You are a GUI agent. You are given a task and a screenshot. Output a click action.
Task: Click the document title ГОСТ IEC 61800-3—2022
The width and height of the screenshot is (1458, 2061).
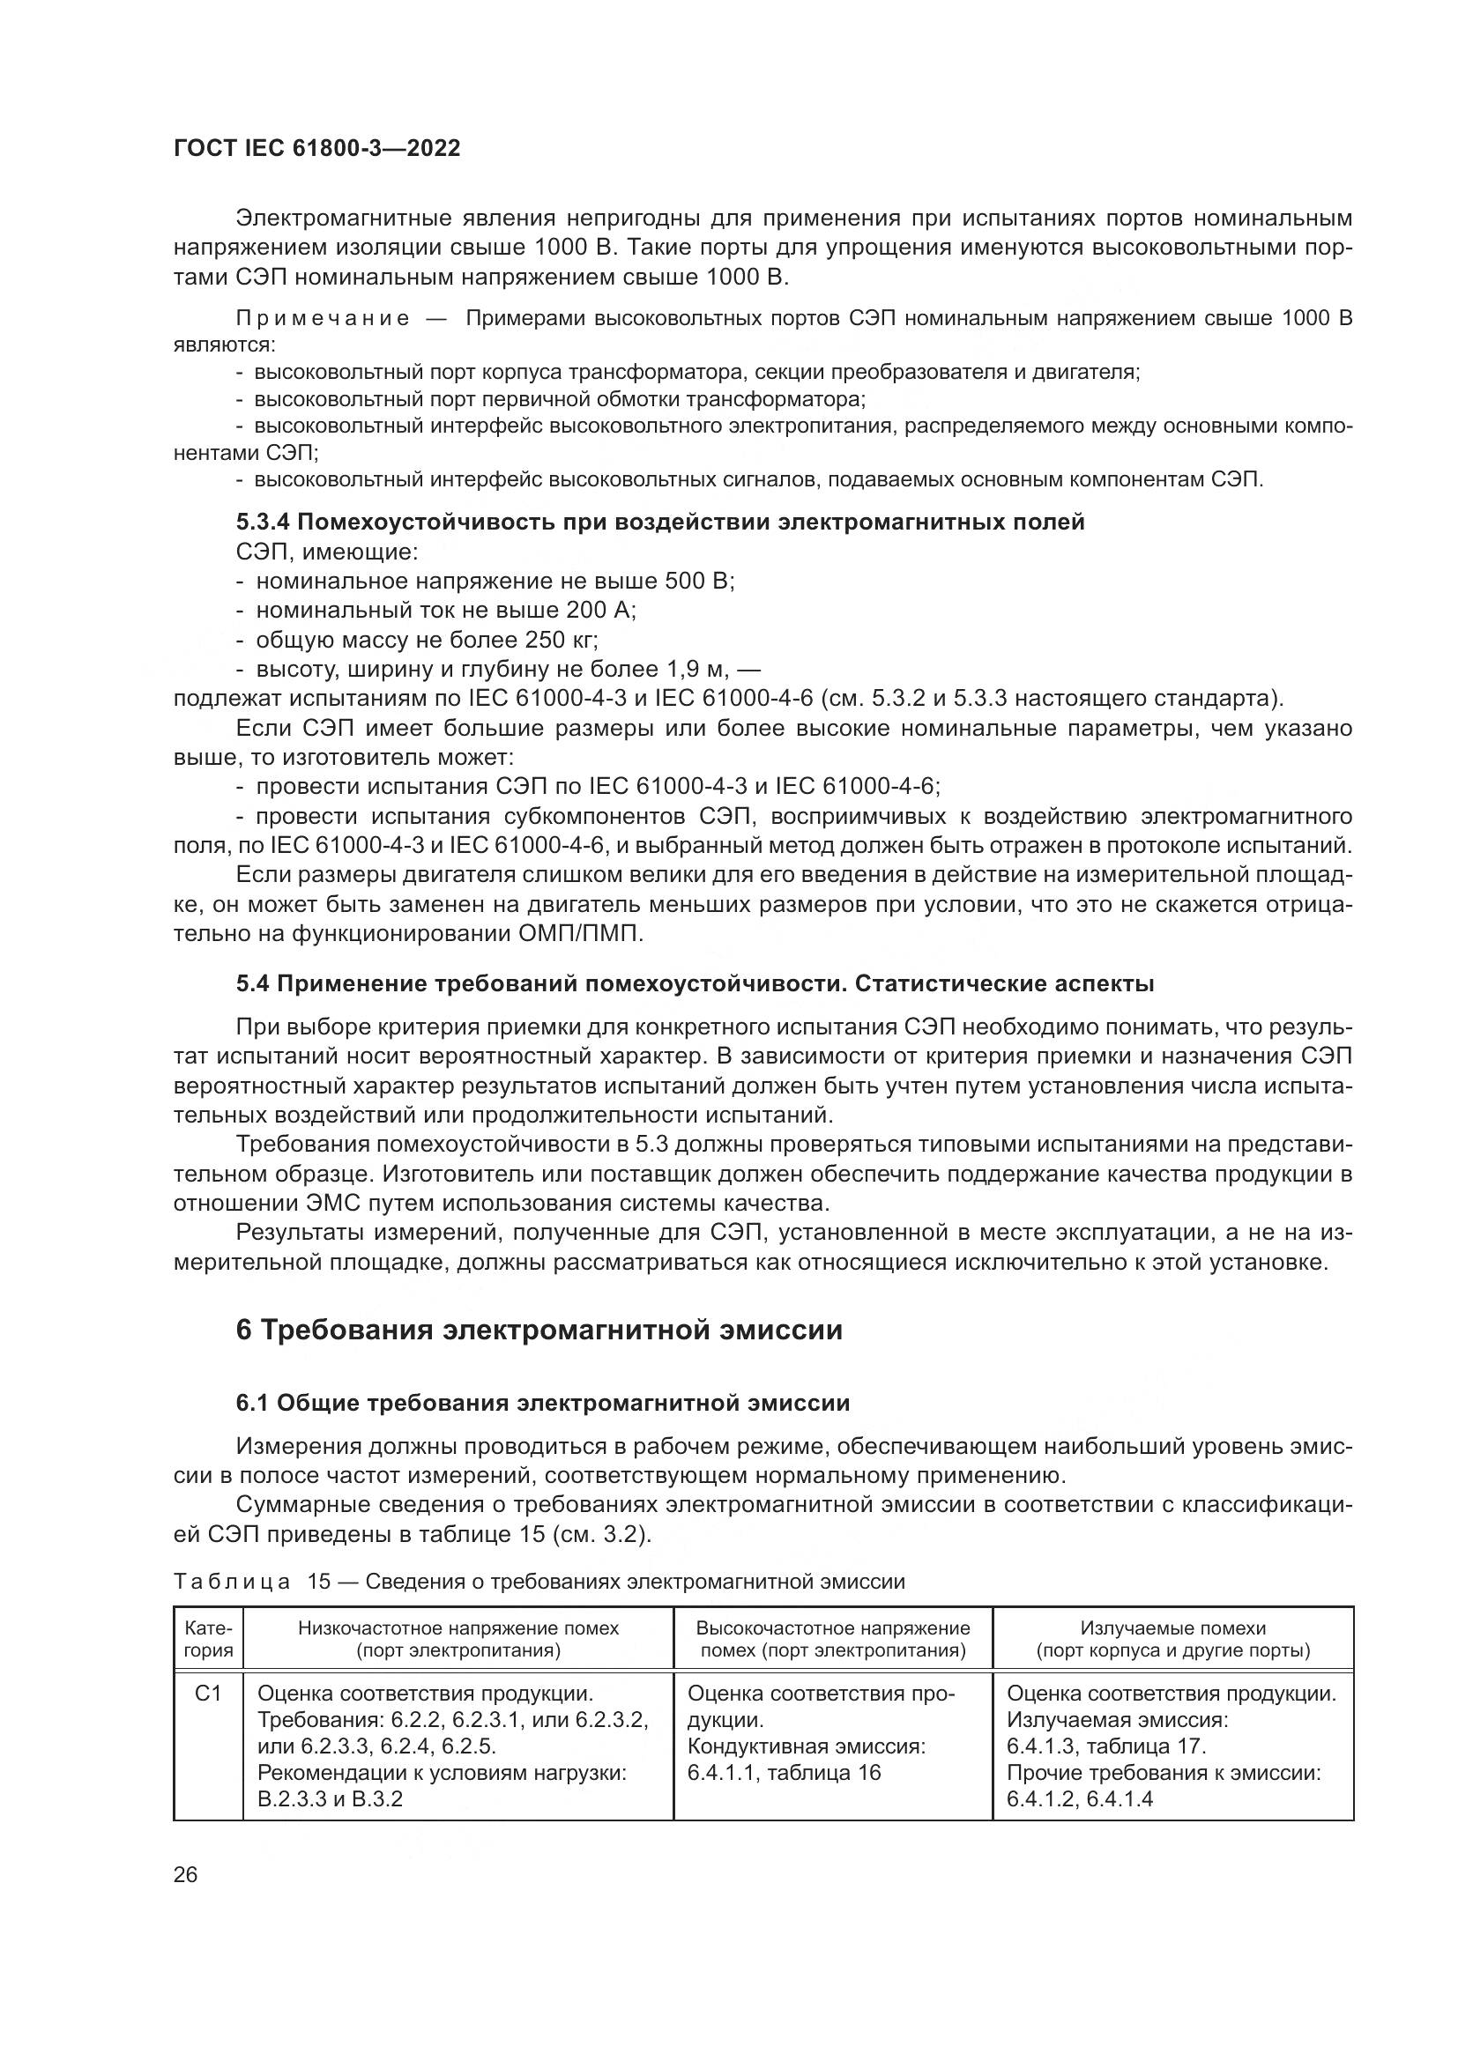click(x=316, y=148)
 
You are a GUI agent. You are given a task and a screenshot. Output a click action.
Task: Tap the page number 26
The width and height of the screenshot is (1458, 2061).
click(x=186, y=1874)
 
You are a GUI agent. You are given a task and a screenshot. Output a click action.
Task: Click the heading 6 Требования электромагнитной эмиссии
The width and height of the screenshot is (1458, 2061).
click(x=539, y=1330)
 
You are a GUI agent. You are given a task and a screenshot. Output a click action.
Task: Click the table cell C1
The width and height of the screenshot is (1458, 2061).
click(x=207, y=1694)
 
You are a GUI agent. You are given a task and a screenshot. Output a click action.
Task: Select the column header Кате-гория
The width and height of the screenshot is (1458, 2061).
click(x=207, y=1639)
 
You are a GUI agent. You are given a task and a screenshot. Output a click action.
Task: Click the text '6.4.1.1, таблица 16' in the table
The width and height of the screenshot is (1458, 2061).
click(x=784, y=1773)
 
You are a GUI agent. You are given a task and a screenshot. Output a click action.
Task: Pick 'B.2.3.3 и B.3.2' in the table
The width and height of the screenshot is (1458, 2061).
click(x=330, y=1799)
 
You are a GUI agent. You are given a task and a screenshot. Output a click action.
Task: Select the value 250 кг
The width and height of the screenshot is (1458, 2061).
click(x=563, y=640)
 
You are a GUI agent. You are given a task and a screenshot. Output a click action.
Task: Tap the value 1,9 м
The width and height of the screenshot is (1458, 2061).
click(x=699, y=670)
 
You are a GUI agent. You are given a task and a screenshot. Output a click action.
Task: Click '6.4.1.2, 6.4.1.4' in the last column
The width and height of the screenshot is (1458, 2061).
click(x=1079, y=1799)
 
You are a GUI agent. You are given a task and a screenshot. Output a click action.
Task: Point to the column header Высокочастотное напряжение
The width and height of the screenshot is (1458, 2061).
click(x=832, y=1628)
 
